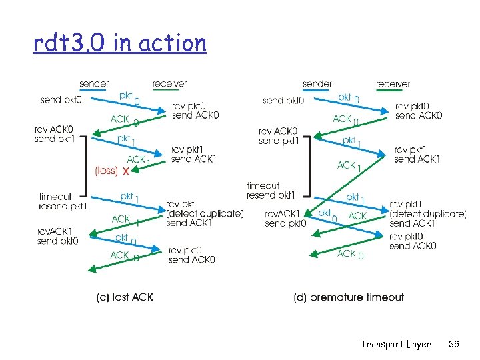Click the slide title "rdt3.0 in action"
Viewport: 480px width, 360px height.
click(x=120, y=43)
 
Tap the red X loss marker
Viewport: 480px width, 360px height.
click(x=125, y=171)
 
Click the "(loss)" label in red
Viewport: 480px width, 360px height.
click(x=106, y=171)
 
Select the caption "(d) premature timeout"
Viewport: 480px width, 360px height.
click(x=349, y=297)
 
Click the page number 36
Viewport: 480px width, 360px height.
click(x=455, y=344)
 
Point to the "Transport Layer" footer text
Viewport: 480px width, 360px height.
click(x=395, y=344)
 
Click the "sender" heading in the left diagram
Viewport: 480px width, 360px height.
click(x=94, y=84)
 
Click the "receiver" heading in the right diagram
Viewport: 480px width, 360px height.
click(x=393, y=84)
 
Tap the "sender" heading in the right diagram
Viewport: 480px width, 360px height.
click(x=317, y=84)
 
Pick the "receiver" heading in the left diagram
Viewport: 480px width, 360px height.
click(x=169, y=84)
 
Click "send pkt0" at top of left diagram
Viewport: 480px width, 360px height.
click(x=62, y=100)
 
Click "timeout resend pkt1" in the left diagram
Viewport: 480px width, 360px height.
click(x=63, y=201)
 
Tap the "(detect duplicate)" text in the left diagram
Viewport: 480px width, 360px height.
click(x=205, y=213)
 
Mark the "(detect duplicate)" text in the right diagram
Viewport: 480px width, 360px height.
click(x=427, y=213)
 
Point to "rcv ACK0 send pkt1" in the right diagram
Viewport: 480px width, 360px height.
click(x=278, y=136)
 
